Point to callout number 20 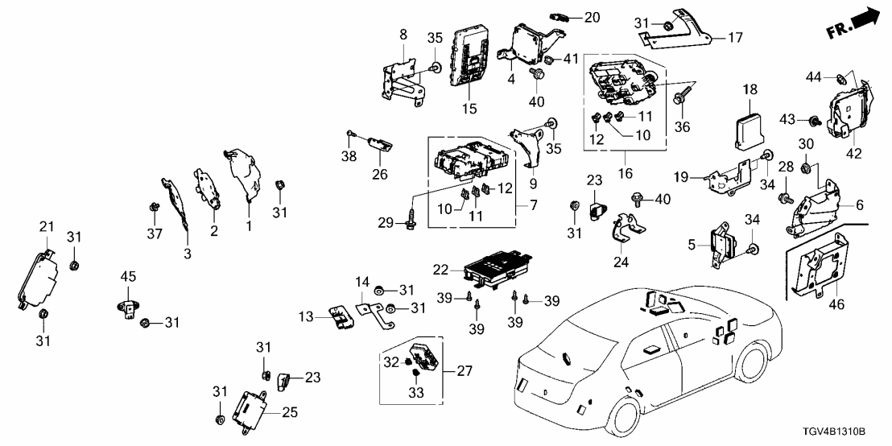592,17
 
